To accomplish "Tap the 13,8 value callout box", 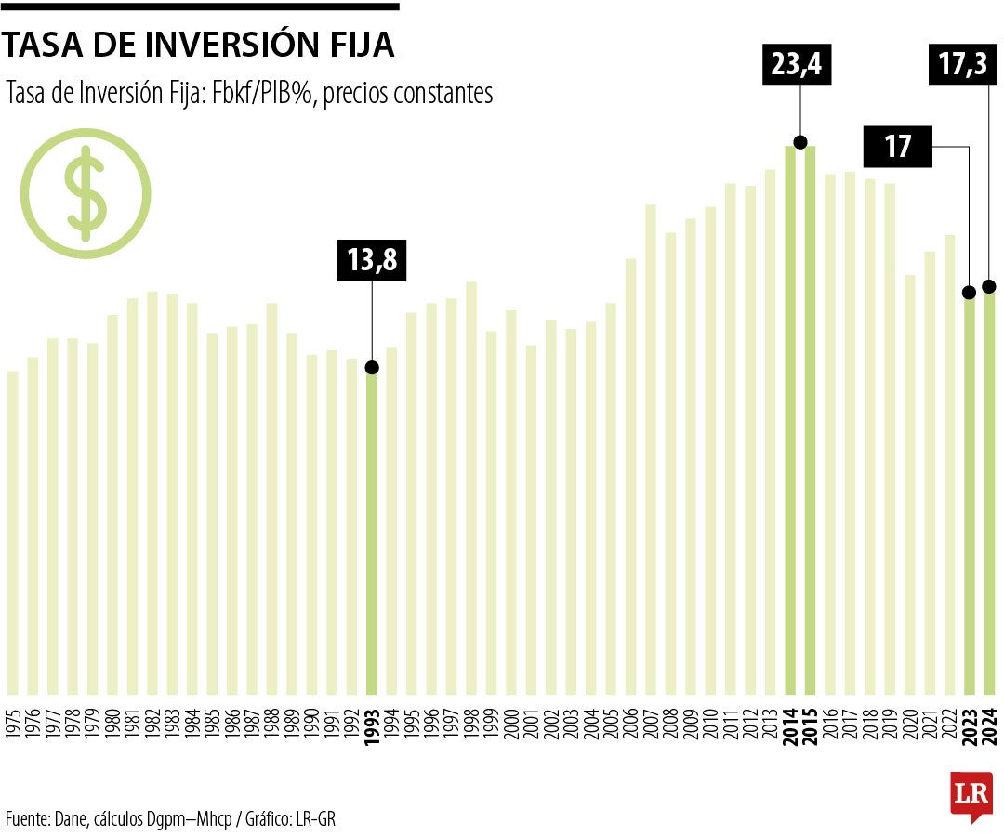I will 372,261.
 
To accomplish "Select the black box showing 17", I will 898,148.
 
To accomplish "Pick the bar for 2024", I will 989,492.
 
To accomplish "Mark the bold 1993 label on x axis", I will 372,721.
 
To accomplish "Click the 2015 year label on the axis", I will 811,721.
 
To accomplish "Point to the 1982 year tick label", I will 152,721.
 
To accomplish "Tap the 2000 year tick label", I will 511,721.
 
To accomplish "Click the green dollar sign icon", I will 86,194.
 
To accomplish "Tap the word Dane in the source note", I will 70,818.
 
